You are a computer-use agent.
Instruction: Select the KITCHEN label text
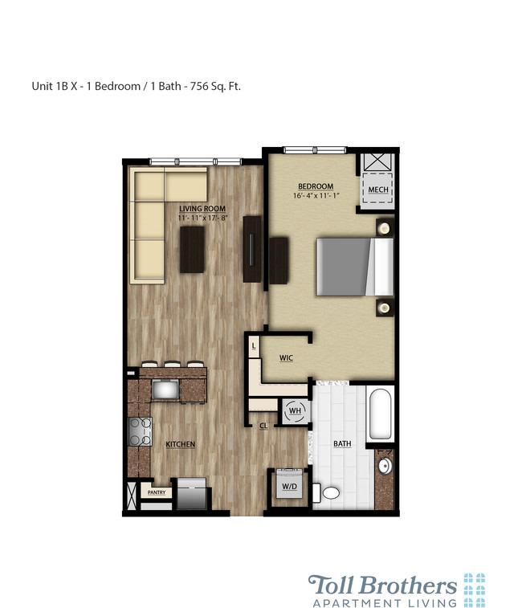pyautogui.click(x=181, y=444)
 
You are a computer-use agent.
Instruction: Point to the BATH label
pyautogui.click(x=342, y=443)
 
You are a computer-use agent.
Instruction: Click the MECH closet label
pyautogui.click(x=377, y=190)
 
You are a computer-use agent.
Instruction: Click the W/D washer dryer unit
pyautogui.click(x=287, y=484)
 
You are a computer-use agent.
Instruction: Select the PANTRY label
pyautogui.click(x=156, y=492)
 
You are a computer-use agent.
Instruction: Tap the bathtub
pyautogui.click(x=380, y=414)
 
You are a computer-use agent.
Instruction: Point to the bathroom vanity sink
pyautogui.click(x=384, y=467)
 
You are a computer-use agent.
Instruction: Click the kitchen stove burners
pyautogui.click(x=141, y=432)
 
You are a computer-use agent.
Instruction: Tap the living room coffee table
pyautogui.click(x=192, y=250)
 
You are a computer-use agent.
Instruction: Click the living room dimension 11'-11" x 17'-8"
pyautogui.click(x=203, y=217)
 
